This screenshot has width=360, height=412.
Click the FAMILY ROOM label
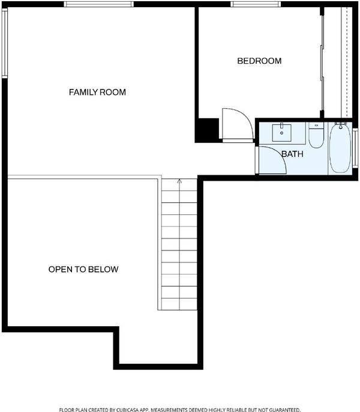click(x=97, y=92)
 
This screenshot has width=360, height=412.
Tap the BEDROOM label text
click(x=259, y=61)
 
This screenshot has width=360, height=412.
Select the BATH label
click(x=292, y=154)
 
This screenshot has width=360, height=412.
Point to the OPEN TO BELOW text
click(x=83, y=269)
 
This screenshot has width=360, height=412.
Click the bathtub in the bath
click(x=340, y=148)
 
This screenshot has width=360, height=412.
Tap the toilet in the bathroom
click(x=316, y=135)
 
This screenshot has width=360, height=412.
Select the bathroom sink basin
click(x=281, y=133)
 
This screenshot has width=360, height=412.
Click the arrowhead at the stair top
click(x=179, y=181)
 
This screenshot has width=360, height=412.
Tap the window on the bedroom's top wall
click(x=256, y=4)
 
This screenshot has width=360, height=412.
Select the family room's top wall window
click(x=99, y=4)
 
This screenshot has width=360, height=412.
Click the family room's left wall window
click(x=4, y=43)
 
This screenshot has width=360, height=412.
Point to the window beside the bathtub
click(x=355, y=148)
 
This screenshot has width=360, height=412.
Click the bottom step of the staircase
click(x=179, y=304)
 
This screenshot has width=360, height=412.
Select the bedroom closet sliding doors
click(x=322, y=62)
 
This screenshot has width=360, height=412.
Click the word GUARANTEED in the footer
click(x=284, y=410)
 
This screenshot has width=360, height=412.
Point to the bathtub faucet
click(x=341, y=126)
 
